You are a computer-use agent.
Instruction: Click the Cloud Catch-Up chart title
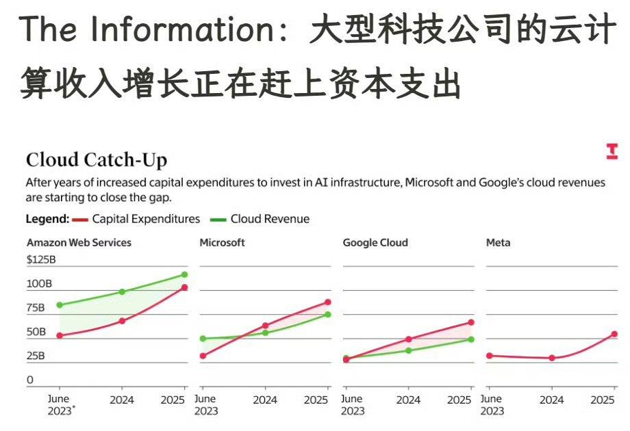(97, 159)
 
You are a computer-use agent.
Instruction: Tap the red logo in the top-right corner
(612, 151)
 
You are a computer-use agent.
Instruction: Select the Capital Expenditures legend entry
(136, 219)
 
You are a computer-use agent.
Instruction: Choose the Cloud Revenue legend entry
(260, 219)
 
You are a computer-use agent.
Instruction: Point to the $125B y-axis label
(41, 260)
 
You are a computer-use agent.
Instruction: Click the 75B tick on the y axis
(36, 308)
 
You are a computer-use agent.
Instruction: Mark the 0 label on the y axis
(30, 380)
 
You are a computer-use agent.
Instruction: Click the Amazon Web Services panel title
(79, 243)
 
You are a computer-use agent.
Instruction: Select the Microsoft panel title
(222, 243)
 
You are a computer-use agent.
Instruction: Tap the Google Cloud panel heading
(375, 243)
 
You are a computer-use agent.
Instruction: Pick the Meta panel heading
(499, 243)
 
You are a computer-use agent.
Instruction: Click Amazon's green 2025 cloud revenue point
(184, 274)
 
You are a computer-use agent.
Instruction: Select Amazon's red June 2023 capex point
(60, 335)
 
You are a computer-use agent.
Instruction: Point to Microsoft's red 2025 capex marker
(328, 302)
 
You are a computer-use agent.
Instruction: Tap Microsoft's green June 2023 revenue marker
(203, 339)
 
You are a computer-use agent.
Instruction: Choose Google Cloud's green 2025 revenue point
(471, 339)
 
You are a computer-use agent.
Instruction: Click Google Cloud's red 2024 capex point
(409, 339)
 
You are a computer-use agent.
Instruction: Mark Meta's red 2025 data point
(614, 334)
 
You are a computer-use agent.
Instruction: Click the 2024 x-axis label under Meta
(552, 400)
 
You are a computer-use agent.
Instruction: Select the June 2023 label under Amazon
(60, 405)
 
